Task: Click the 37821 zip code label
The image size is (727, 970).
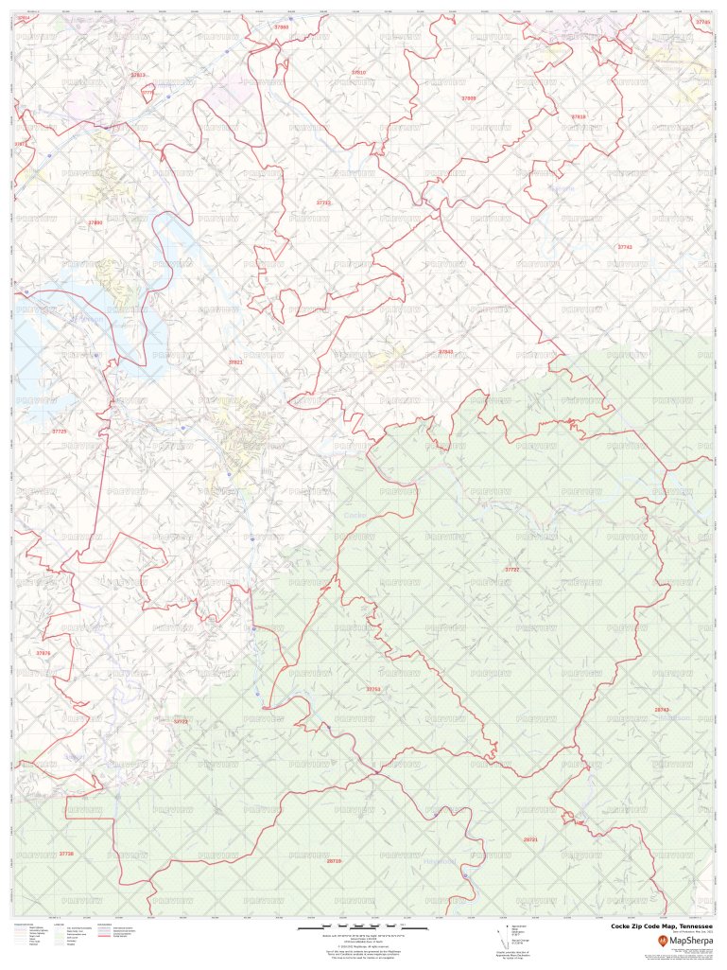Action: click(235, 362)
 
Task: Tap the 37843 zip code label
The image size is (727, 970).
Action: click(445, 352)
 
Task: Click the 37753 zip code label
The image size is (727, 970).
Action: click(372, 689)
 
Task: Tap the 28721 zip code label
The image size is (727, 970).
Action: click(530, 839)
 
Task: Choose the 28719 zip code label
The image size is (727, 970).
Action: click(333, 861)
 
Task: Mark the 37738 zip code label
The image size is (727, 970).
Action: click(66, 854)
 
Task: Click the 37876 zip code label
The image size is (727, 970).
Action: click(43, 653)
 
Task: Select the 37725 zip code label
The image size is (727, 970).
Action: click(59, 432)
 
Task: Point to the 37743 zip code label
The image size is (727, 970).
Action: click(624, 247)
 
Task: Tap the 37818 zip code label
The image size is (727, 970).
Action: click(579, 116)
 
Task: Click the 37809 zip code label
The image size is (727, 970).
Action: click(469, 98)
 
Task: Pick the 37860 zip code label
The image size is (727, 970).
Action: click(281, 27)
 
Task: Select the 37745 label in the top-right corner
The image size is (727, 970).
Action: click(701, 21)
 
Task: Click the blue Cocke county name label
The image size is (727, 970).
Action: click(355, 515)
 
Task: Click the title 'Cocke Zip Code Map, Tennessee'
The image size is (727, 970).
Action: click(661, 926)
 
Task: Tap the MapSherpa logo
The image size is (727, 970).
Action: click(685, 941)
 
